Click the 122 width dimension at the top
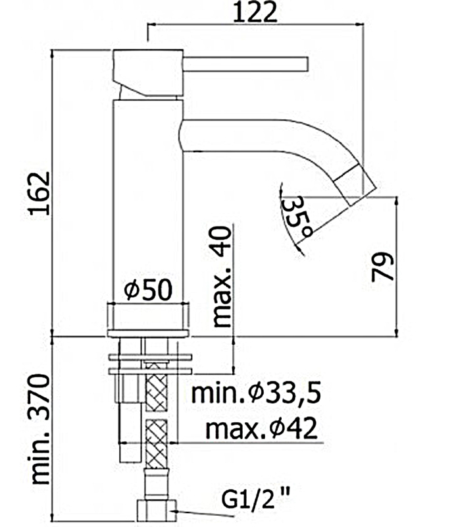coord(255,12)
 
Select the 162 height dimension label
coord(40,193)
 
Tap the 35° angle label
coord(297,217)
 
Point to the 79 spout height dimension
coord(382,267)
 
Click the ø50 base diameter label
coord(148,290)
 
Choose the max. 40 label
coord(222,277)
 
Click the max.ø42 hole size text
coord(262,428)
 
